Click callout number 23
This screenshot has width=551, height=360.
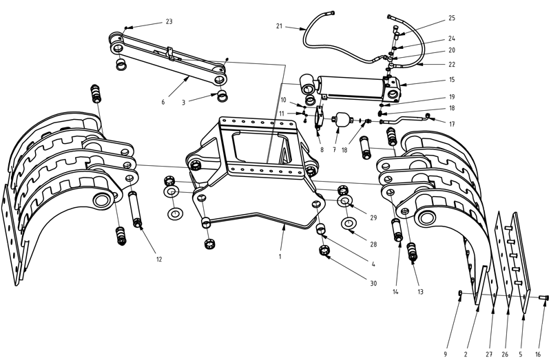point(169,22)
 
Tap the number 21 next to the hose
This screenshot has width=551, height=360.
point(280,26)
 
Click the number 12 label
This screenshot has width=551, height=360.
point(159,260)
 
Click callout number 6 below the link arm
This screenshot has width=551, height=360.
point(163,102)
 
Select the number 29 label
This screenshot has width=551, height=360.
point(374,218)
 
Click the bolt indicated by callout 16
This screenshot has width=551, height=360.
point(543,297)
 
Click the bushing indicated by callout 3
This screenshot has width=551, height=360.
point(222,94)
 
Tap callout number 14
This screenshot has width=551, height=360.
point(395,292)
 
